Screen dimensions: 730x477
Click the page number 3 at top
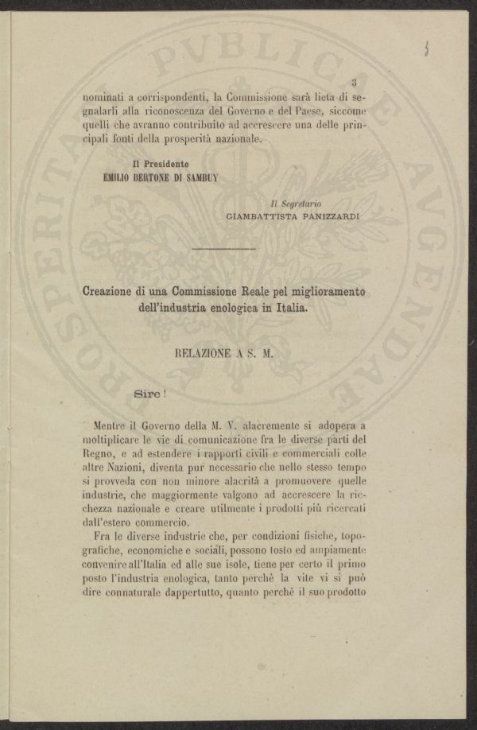pos(355,82)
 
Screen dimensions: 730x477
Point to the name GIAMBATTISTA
pos(259,216)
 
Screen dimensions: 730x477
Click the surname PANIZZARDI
pos(328,216)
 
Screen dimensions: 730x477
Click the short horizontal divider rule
pos(223,251)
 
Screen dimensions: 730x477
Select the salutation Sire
pos(146,392)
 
